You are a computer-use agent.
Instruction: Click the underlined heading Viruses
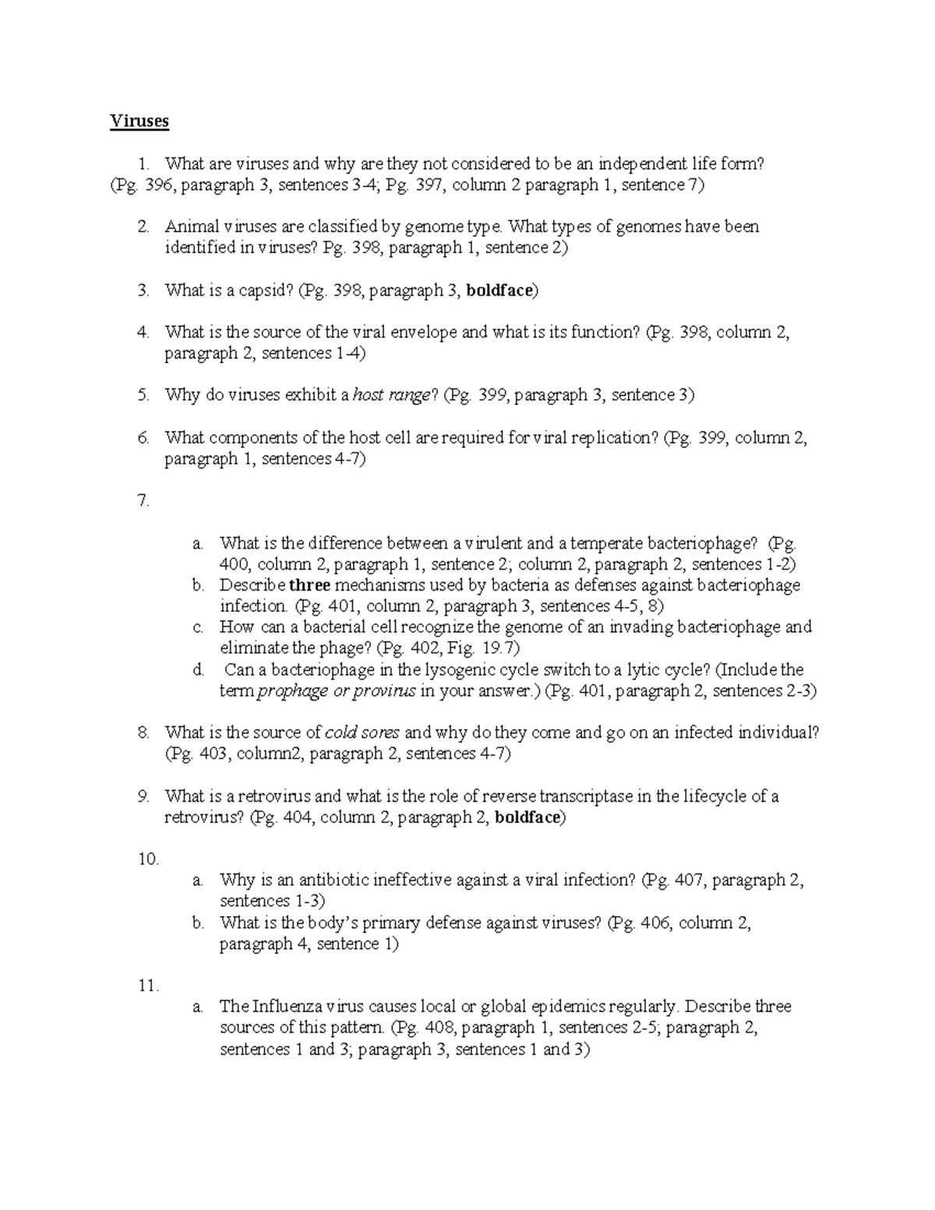click(x=139, y=122)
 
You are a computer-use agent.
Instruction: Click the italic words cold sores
click(x=362, y=732)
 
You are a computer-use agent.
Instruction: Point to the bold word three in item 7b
click(x=310, y=585)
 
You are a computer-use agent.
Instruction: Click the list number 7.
click(x=143, y=501)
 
